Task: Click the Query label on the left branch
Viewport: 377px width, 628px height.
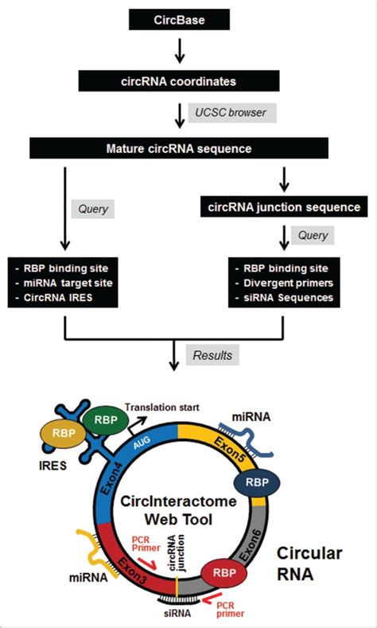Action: point(93,209)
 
